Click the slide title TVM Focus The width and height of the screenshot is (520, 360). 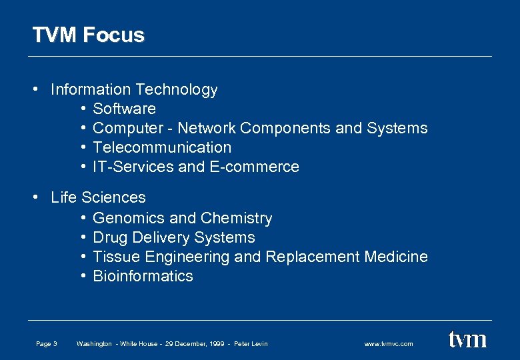88,35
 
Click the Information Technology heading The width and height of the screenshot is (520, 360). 134,89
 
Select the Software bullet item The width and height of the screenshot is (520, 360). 124,109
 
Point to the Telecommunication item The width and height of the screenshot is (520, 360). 162,147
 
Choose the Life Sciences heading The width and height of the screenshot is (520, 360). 98,197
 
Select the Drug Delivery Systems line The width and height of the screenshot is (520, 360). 173,237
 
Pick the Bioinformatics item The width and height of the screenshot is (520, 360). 143,276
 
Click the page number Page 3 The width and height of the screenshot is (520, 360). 47,344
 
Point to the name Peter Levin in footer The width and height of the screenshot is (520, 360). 251,344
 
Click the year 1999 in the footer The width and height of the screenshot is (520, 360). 217,344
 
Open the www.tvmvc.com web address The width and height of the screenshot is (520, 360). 389,344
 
